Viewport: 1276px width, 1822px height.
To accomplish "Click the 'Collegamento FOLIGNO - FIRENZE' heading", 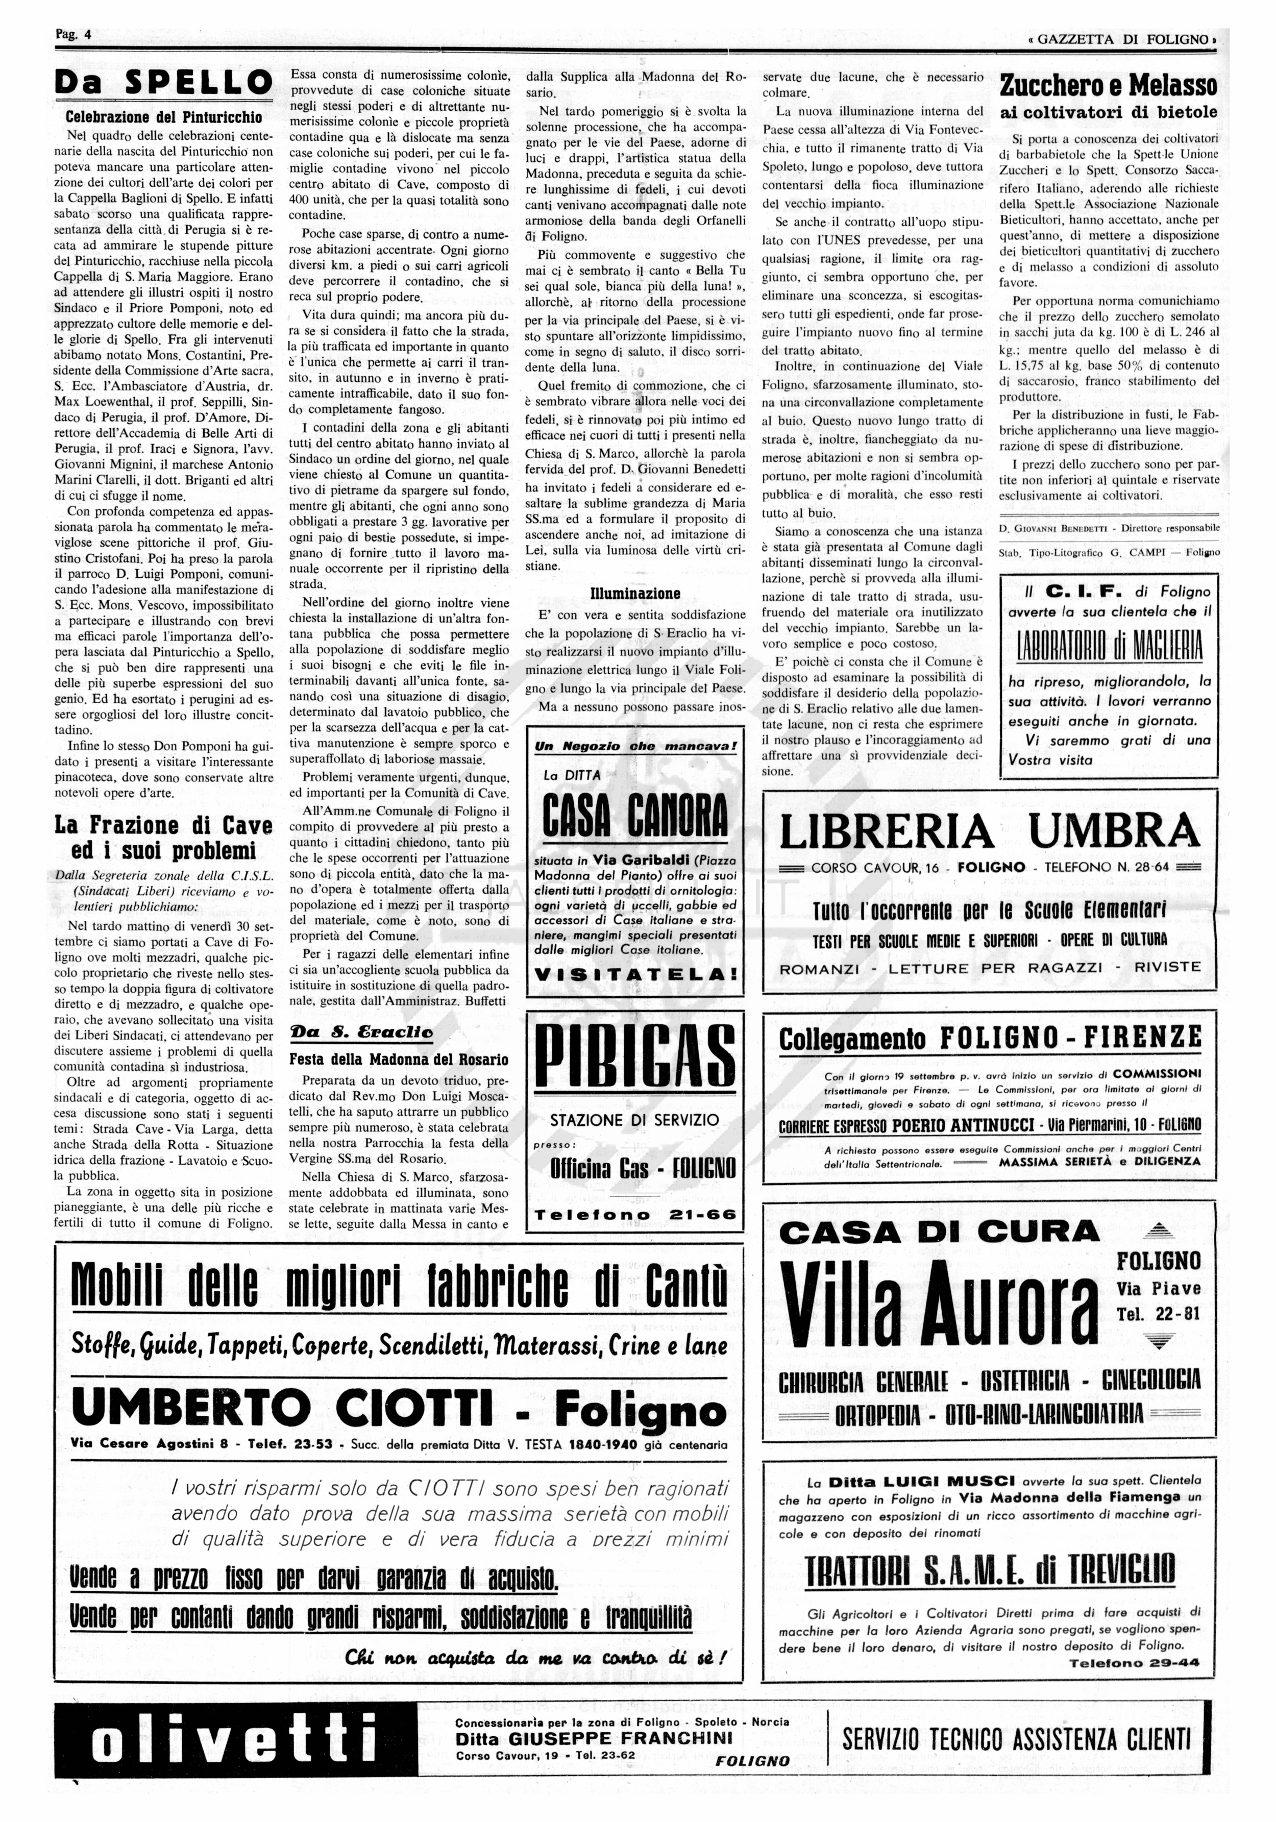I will (989, 1039).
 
